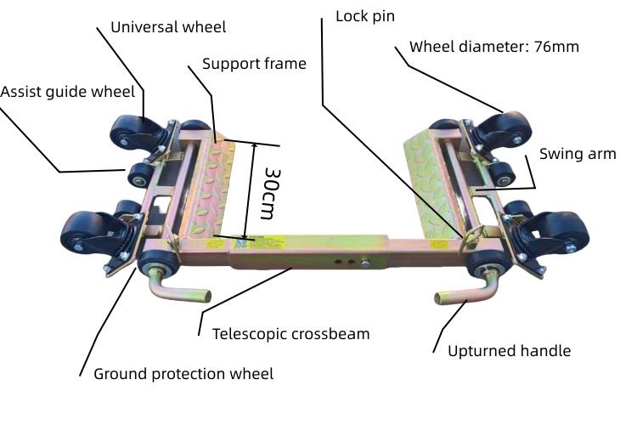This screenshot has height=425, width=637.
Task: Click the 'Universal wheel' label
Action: click(x=168, y=27)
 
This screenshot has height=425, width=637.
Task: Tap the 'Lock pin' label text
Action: click(x=365, y=16)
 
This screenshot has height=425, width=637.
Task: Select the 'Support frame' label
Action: click(x=254, y=64)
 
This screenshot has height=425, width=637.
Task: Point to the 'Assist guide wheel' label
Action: click(x=67, y=92)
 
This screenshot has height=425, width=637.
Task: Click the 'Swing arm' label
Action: click(x=578, y=154)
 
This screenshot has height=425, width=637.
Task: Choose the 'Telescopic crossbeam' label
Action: click(x=290, y=334)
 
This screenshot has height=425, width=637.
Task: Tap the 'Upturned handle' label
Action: click(x=509, y=351)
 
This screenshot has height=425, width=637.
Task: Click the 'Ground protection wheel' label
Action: click(x=183, y=374)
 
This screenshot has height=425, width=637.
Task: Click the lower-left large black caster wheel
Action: click(x=92, y=236)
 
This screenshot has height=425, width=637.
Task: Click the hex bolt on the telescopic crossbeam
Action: click(x=365, y=263)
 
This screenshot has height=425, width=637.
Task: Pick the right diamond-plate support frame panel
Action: click(x=432, y=183)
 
